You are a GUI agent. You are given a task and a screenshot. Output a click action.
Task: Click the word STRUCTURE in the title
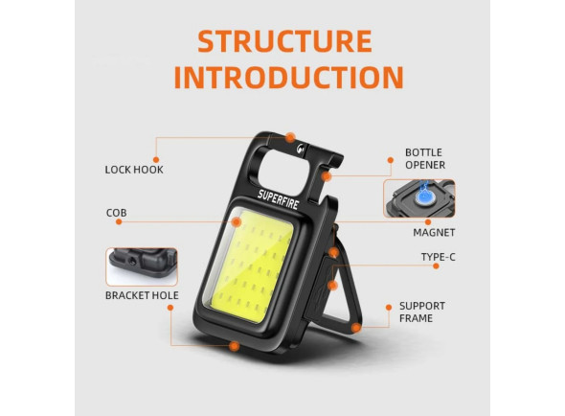tap(284, 41)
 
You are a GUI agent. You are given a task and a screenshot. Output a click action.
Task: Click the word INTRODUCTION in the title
tap(288, 78)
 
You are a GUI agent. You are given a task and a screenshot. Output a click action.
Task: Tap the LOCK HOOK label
tap(134, 170)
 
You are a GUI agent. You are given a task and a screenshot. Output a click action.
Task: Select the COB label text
tap(117, 213)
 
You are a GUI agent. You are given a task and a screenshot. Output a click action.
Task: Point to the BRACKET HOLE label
tap(142, 295)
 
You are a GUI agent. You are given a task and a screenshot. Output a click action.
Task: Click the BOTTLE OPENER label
tap(425, 159)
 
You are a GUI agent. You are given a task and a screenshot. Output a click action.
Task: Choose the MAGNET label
tap(434, 232)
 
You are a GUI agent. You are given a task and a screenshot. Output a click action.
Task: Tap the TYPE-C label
tap(439, 257)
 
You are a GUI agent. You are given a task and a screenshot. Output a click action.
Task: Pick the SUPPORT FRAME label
tap(422, 312)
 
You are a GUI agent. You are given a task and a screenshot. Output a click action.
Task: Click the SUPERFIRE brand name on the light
tap(278, 199)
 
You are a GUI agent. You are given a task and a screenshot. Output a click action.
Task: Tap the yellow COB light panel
tap(249, 266)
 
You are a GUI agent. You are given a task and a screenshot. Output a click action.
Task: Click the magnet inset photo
tap(419, 198)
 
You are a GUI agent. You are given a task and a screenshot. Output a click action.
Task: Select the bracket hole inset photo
tap(142, 266)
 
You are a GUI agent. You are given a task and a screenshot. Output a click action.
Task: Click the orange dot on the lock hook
tap(290, 137)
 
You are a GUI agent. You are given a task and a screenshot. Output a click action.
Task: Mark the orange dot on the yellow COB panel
tap(236, 221)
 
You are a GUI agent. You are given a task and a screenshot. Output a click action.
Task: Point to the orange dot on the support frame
tap(355, 328)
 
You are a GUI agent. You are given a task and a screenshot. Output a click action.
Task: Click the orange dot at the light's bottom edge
tap(235, 346)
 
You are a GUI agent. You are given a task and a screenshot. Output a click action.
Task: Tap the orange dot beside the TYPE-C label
tap(436, 266)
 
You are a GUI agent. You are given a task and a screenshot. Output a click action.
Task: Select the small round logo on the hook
tap(300, 149)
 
